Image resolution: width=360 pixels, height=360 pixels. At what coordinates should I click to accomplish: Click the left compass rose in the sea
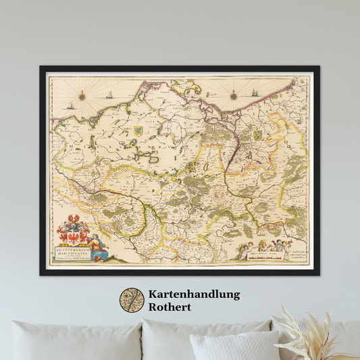click(x=81, y=95)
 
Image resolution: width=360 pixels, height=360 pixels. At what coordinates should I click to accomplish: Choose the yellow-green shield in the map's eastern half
click(x=257, y=135)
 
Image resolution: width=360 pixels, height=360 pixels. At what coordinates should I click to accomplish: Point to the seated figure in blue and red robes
click(x=99, y=248)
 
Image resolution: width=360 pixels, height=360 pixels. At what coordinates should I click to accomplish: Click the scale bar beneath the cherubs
click(x=267, y=257)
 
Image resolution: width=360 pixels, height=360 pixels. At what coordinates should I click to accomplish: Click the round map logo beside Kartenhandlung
click(x=132, y=300)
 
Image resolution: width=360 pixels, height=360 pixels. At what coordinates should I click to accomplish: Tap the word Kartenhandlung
click(x=194, y=294)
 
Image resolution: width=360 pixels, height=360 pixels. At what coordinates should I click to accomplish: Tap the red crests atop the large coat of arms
click(x=72, y=220)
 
